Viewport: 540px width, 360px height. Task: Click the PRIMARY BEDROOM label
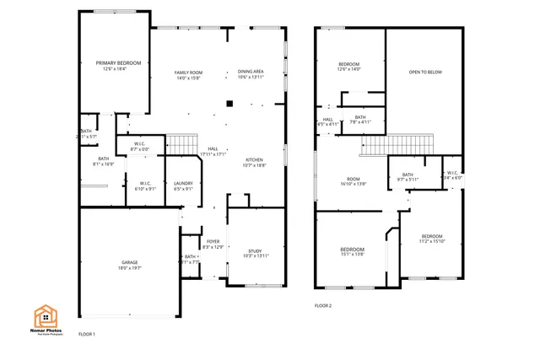coord(118,63)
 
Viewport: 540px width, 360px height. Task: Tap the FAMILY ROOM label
coord(188,72)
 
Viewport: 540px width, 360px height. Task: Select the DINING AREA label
coord(251,72)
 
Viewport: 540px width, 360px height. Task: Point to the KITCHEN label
coord(255,160)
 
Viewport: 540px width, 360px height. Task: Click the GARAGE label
coord(129,262)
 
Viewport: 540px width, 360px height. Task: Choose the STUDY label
coord(255,250)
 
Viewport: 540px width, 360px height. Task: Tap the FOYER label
coord(213,241)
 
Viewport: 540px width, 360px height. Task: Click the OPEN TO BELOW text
coord(425,73)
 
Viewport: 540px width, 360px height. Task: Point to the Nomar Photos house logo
coord(46,316)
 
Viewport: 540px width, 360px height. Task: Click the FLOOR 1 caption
coord(87,335)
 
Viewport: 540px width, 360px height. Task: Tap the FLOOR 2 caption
coord(323,305)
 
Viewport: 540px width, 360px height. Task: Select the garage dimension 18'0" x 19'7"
coord(129,268)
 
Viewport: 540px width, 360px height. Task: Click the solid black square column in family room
coord(228,105)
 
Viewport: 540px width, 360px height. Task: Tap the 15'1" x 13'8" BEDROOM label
coord(353,250)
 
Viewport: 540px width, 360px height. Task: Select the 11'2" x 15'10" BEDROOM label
coord(432,237)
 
